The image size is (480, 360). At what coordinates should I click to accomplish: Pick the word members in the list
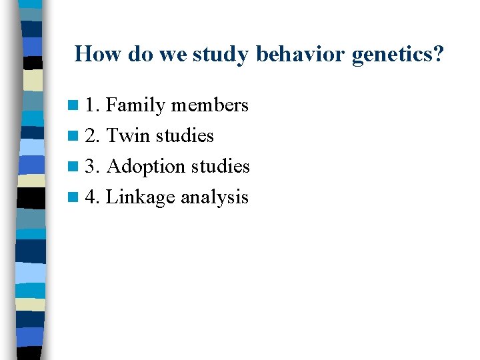point(209,105)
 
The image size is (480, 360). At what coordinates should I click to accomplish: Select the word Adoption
point(147,167)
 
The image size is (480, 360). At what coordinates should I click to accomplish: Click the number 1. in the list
point(92,105)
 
